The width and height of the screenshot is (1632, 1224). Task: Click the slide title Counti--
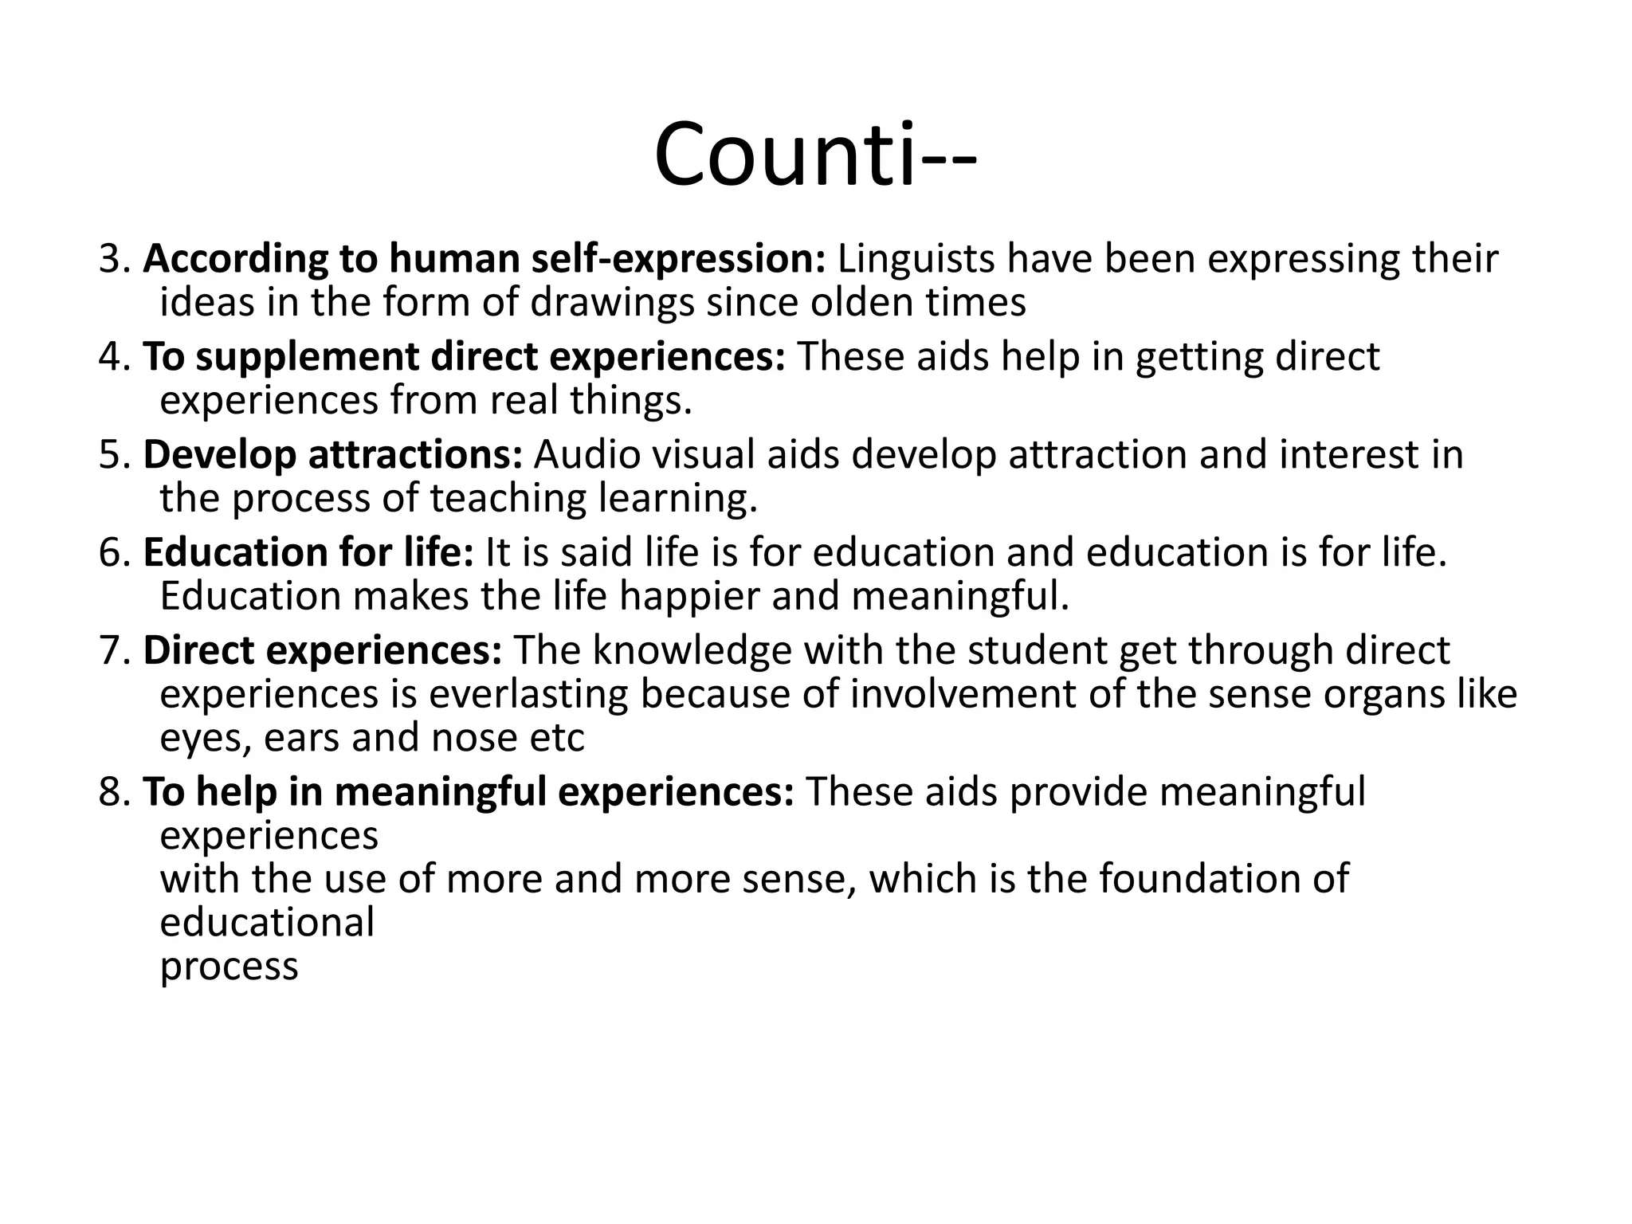tap(814, 154)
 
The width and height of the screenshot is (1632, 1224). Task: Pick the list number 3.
tap(112, 259)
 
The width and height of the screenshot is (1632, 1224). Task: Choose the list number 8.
tap(112, 792)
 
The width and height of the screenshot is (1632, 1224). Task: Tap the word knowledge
tap(692, 651)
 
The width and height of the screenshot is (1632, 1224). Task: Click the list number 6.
tap(112, 553)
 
